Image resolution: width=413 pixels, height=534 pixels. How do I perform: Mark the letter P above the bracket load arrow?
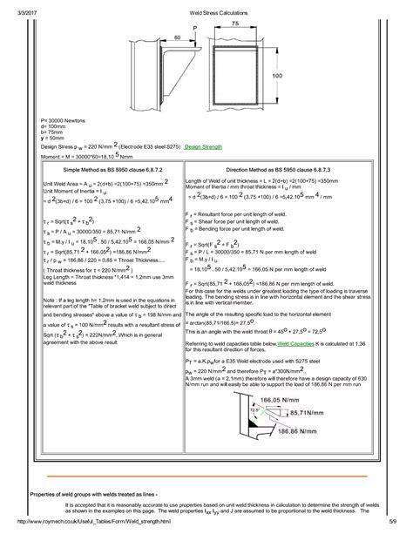(x=194, y=29)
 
